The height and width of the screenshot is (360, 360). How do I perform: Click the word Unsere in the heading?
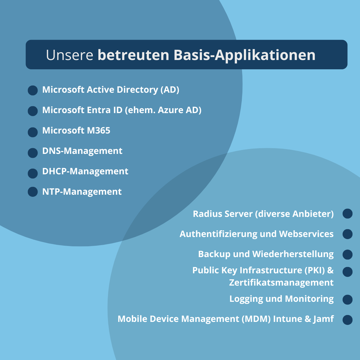tap(70, 55)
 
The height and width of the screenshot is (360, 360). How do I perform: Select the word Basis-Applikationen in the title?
tap(244, 55)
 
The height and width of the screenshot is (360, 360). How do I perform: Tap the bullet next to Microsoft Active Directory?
tap(33, 90)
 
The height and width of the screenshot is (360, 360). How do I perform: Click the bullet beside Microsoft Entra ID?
tap(33, 111)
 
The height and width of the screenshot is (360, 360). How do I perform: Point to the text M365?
tap(99, 130)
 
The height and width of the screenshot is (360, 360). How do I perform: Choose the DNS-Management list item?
tap(82, 151)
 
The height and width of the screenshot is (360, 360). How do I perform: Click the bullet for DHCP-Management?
tap(33, 173)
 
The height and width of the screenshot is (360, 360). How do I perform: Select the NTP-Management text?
tap(82, 192)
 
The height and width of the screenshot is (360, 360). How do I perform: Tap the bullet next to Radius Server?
tap(347, 214)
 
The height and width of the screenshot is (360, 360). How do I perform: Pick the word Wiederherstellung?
tap(293, 254)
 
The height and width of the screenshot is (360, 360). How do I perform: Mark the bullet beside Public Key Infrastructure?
tap(347, 272)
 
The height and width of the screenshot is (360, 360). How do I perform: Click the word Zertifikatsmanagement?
tap(281, 283)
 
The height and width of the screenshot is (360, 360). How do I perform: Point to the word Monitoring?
tap(309, 299)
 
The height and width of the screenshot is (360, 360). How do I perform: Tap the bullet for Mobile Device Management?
tap(347, 320)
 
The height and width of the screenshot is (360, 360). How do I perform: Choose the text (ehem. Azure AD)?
tap(163, 110)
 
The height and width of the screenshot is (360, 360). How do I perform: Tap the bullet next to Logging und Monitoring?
tap(347, 300)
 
